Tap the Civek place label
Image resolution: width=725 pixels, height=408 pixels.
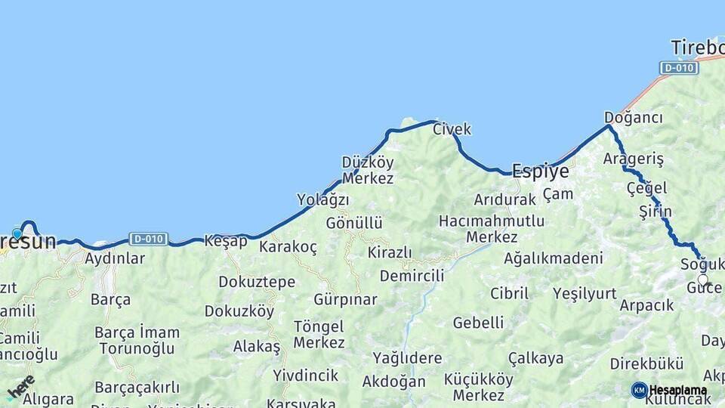coord(452,129)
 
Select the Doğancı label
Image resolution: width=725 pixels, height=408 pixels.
coord(633,118)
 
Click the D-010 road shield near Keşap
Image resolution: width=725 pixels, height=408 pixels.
coord(148,239)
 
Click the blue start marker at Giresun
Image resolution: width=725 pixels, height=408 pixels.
coord(17,234)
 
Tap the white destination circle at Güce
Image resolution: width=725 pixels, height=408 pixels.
coord(703,280)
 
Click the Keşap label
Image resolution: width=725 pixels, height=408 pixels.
coord(225,241)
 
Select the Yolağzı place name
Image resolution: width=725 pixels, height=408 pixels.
coord(322,200)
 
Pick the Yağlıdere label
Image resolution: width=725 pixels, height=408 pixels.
coord(406,358)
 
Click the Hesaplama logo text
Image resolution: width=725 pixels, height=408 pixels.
coord(678,391)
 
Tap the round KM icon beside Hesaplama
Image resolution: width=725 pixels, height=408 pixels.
coord(639,390)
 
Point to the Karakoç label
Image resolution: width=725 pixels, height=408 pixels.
coord(288,247)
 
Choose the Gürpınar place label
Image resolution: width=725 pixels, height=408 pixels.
coord(345,299)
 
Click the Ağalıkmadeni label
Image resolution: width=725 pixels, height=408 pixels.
coord(553,258)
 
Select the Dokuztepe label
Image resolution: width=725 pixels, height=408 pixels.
coord(257,282)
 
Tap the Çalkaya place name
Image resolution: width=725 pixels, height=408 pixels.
coord(535,358)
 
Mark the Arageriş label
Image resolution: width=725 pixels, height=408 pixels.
coord(633,159)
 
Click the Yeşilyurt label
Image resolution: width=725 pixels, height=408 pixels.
coord(584,294)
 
